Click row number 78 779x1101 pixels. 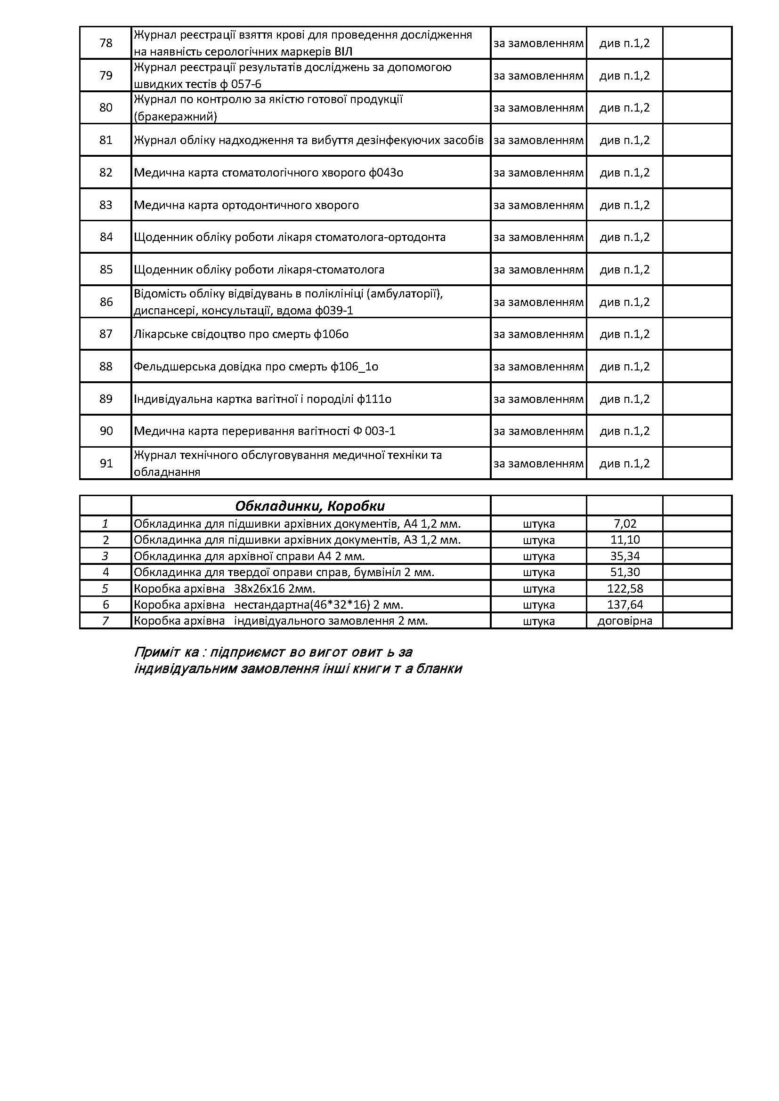[x=105, y=43]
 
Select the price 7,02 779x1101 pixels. [x=625, y=523]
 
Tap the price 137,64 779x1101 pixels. [x=625, y=604]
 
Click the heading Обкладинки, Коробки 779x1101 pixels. [x=310, y=506]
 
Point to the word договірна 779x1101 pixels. [x=625, y=620]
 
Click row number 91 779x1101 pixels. [x=105, y=463]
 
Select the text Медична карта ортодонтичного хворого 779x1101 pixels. [x=246, y=205]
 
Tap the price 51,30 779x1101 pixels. [x=625, y=572]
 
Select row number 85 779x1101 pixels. [x=105, y=270]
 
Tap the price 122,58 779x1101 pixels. [x=625, y=588]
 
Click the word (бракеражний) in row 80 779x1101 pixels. [x=176, y=117]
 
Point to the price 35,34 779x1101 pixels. [x=625, y=556]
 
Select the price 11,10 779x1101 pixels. [x=625, y=540]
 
